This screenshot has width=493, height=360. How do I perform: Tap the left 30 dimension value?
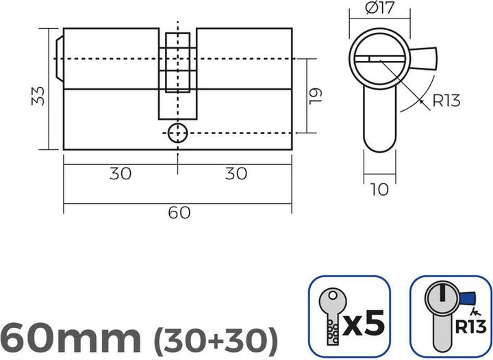(121, 174)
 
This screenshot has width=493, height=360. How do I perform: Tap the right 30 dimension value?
(236, 174)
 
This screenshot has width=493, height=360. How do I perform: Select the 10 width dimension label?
(378, 189)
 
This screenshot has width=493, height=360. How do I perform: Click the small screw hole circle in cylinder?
(177, 131)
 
